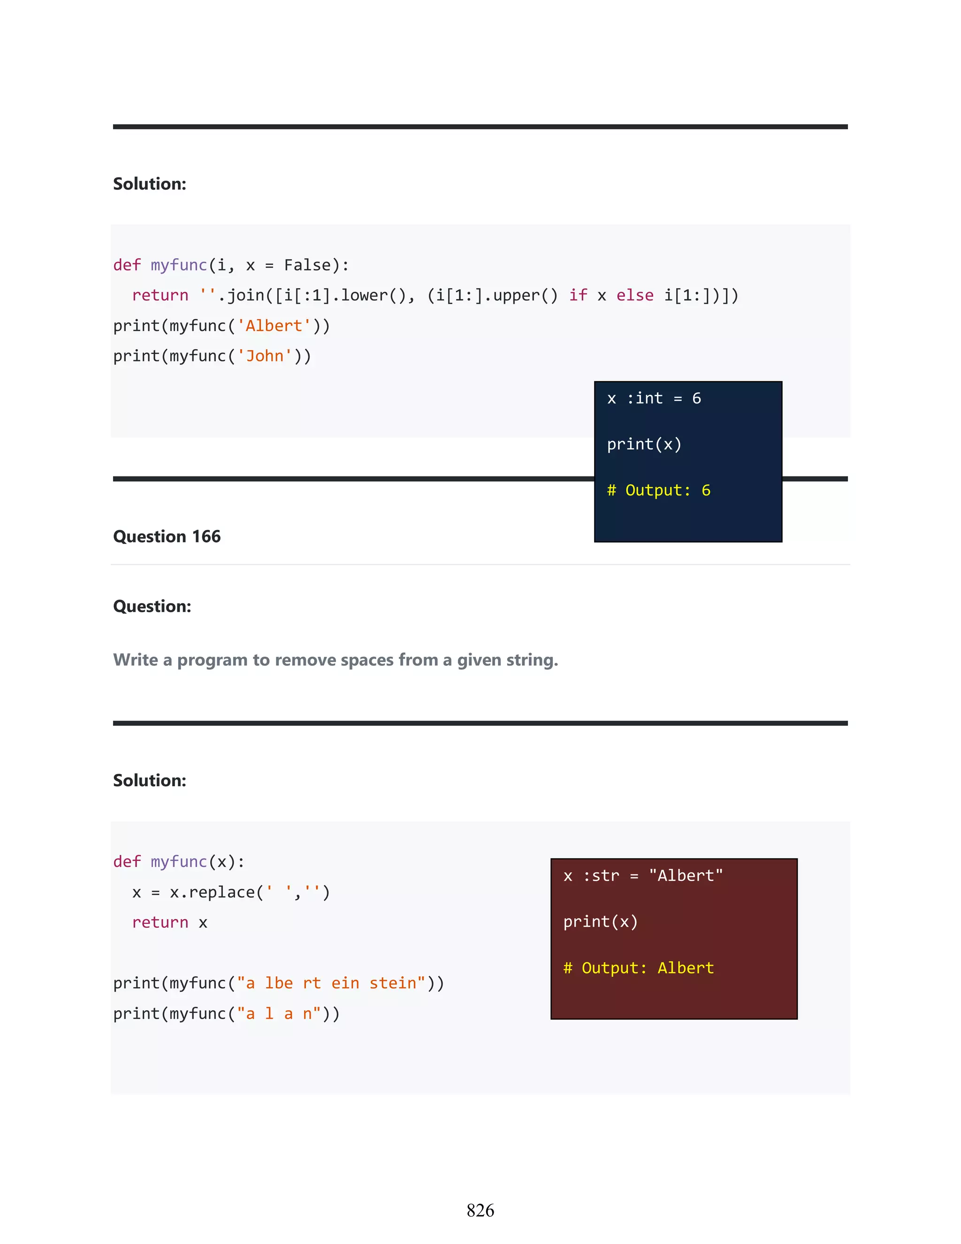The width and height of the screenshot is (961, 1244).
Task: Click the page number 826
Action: (480, 1210)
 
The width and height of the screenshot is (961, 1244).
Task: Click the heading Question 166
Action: (166, 537)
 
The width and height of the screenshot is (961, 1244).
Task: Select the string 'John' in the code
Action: (265, 356)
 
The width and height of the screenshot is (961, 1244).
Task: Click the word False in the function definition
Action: (307, 265)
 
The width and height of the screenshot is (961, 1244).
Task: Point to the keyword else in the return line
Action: (635, 296)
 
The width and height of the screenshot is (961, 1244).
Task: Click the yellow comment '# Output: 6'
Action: (658, 491)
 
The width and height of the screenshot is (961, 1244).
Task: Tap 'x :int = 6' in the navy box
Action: (654, 399)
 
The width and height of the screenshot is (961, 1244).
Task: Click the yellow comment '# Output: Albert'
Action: (638, 968)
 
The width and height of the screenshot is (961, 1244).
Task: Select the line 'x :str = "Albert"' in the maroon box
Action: (643, 875)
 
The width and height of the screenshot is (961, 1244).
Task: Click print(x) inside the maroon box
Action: (600, 921)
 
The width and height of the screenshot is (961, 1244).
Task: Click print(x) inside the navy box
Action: (644, 444)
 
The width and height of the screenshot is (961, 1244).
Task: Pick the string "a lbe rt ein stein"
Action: (331, 983)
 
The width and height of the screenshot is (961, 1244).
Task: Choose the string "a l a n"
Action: (279, 1014)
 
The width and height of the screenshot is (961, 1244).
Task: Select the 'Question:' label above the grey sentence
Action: (152, 607)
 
